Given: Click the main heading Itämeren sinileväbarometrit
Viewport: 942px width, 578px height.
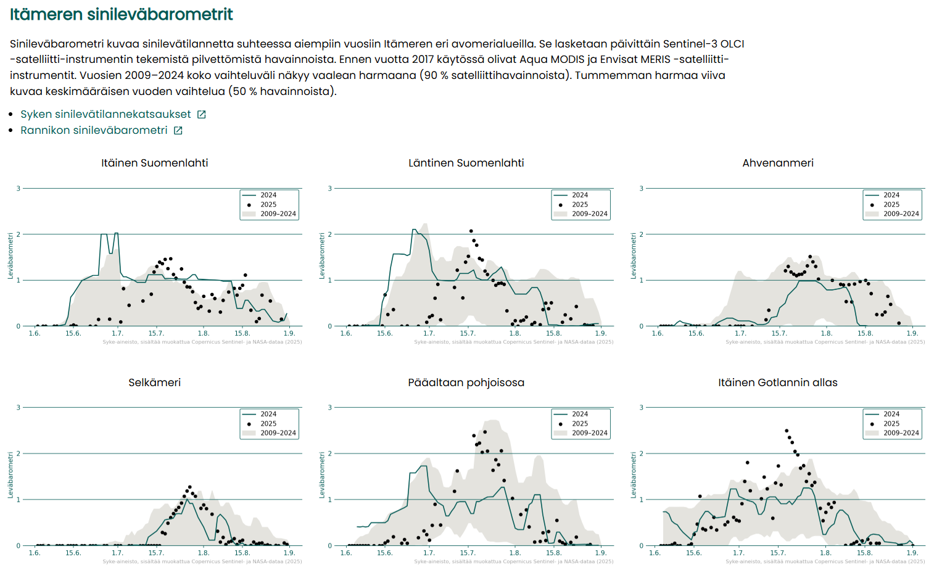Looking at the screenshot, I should [x=122, y=14].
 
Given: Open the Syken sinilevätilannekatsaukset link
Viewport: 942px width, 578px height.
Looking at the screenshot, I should [x=105, y=114].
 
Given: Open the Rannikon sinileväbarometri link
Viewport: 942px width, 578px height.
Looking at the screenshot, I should [x=94, y=130].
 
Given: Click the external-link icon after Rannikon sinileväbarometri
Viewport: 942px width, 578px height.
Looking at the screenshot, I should [x=178, y=130].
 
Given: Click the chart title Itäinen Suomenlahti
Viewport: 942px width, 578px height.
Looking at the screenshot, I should [x=154, y=163].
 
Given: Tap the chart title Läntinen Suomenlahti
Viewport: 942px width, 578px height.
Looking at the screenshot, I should [x=466, y=163].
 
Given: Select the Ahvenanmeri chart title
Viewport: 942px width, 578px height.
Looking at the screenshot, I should [x=777, y=163].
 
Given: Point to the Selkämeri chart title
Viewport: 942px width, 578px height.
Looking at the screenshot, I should [x=154, y=382].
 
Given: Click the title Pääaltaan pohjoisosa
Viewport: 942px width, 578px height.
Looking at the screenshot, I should [x=466, y=382].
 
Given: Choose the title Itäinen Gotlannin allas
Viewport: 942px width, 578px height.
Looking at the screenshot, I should [x=777, y=382].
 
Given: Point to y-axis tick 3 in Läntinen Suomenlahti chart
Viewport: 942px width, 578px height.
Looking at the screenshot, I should [x=330, y=188].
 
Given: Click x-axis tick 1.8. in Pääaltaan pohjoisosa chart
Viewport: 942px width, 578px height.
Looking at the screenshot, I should [x=514, y=553].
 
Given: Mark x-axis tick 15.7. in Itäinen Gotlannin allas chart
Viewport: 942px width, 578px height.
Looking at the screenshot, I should [x=778, y=553].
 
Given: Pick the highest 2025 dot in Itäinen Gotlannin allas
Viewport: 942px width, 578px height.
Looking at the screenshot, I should [x=787, y=431].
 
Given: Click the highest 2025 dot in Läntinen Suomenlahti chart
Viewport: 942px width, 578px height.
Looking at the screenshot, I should [x=471, y=231].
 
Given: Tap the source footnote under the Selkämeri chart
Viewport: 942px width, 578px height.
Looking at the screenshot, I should [x=202, y=561].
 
